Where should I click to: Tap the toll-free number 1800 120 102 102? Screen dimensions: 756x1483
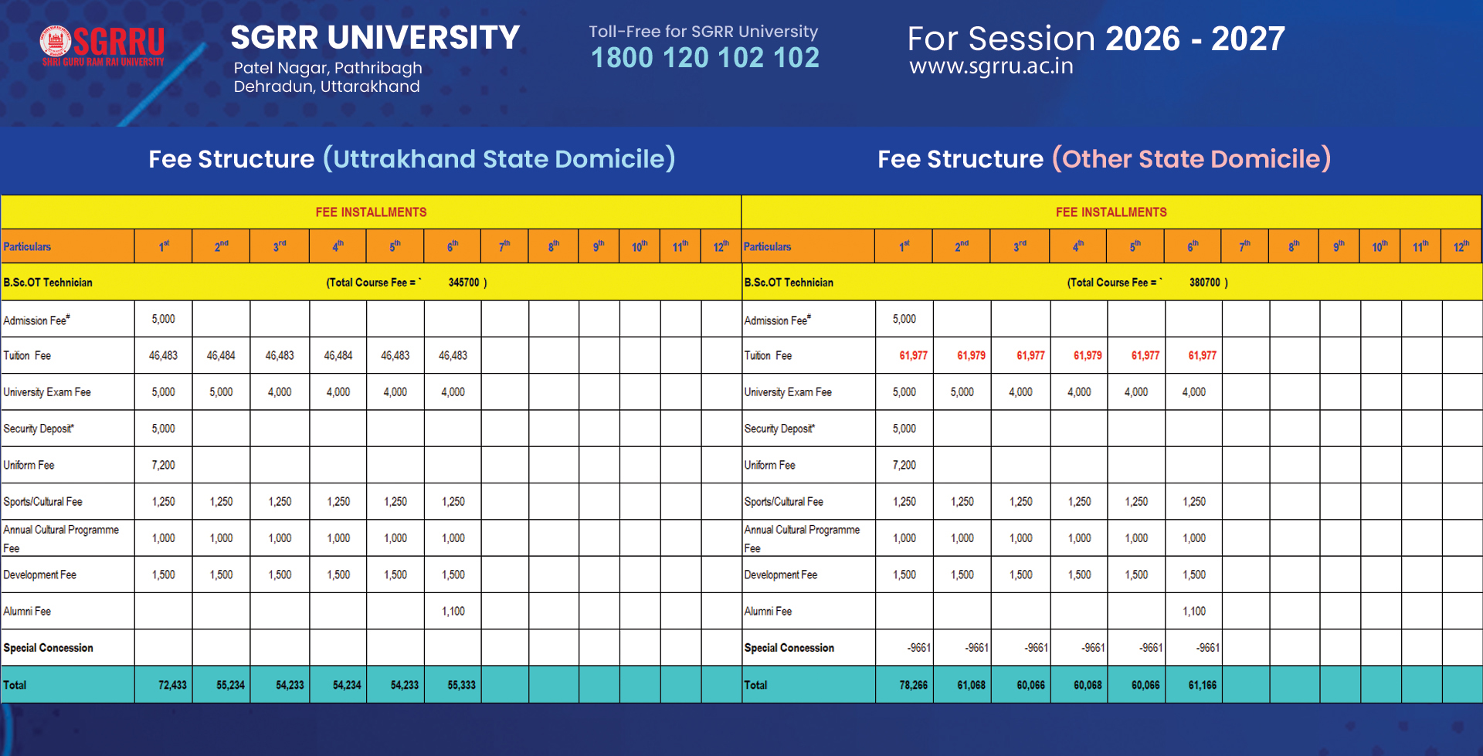(x=704, y=58)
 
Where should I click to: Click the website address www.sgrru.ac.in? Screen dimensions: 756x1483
(x=991, y=66)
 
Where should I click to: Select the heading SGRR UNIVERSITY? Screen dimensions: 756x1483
(x=375, y=38)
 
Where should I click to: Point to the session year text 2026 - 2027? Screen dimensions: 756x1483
(x=1195, y=39)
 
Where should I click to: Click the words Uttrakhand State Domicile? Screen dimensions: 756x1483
(x=499, y=159)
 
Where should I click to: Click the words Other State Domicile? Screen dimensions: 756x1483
(x=1191, y=159)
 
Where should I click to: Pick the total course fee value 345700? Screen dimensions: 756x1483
(x=463, y=283)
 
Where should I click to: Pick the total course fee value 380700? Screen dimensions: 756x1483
(x=1204, y=283)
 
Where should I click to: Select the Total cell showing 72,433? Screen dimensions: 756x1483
(x=172, y=685)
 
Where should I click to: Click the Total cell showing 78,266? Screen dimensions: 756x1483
(x=913, y=685)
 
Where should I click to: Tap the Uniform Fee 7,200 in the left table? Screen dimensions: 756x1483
(x=163, y=465)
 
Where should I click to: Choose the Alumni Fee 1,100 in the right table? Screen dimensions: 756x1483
(x=1193, y=611)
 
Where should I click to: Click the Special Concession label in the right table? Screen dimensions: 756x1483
(x=789, y=648)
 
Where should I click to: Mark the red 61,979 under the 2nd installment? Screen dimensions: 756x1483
(x=971, y=355)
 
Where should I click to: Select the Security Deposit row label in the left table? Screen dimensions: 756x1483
(x=39, y=429)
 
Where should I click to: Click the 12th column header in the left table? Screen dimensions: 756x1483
(x=721, y=246)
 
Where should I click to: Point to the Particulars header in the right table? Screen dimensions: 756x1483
(x=767, y=246)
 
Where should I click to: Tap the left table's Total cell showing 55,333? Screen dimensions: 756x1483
(x=461, y=685)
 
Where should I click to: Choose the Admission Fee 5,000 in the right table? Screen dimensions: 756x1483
(x=904, y=319)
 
